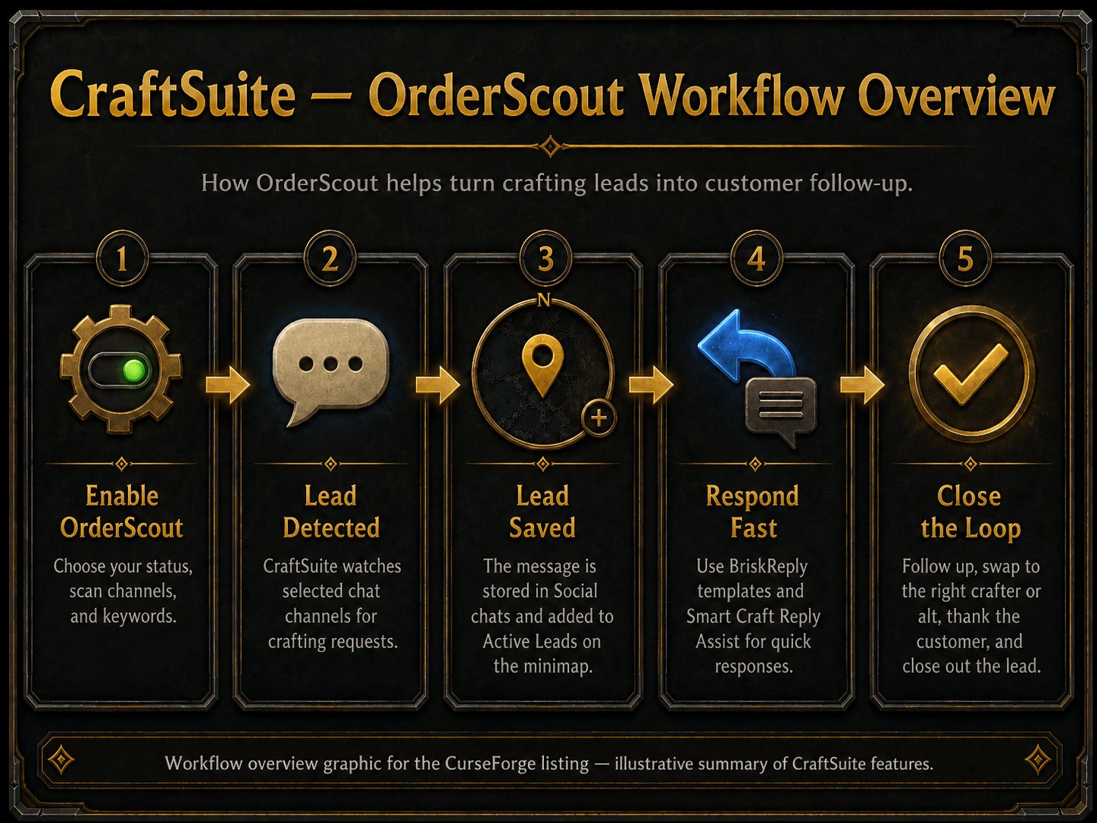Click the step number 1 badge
122,259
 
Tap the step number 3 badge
545,259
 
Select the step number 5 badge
966,259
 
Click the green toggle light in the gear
134,371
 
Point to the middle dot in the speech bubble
330,364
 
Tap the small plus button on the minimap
599,418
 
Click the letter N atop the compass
544,300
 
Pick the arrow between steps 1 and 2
227,385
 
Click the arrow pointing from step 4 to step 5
862,385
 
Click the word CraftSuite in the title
173,95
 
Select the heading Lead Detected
331,512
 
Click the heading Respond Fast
752,512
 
